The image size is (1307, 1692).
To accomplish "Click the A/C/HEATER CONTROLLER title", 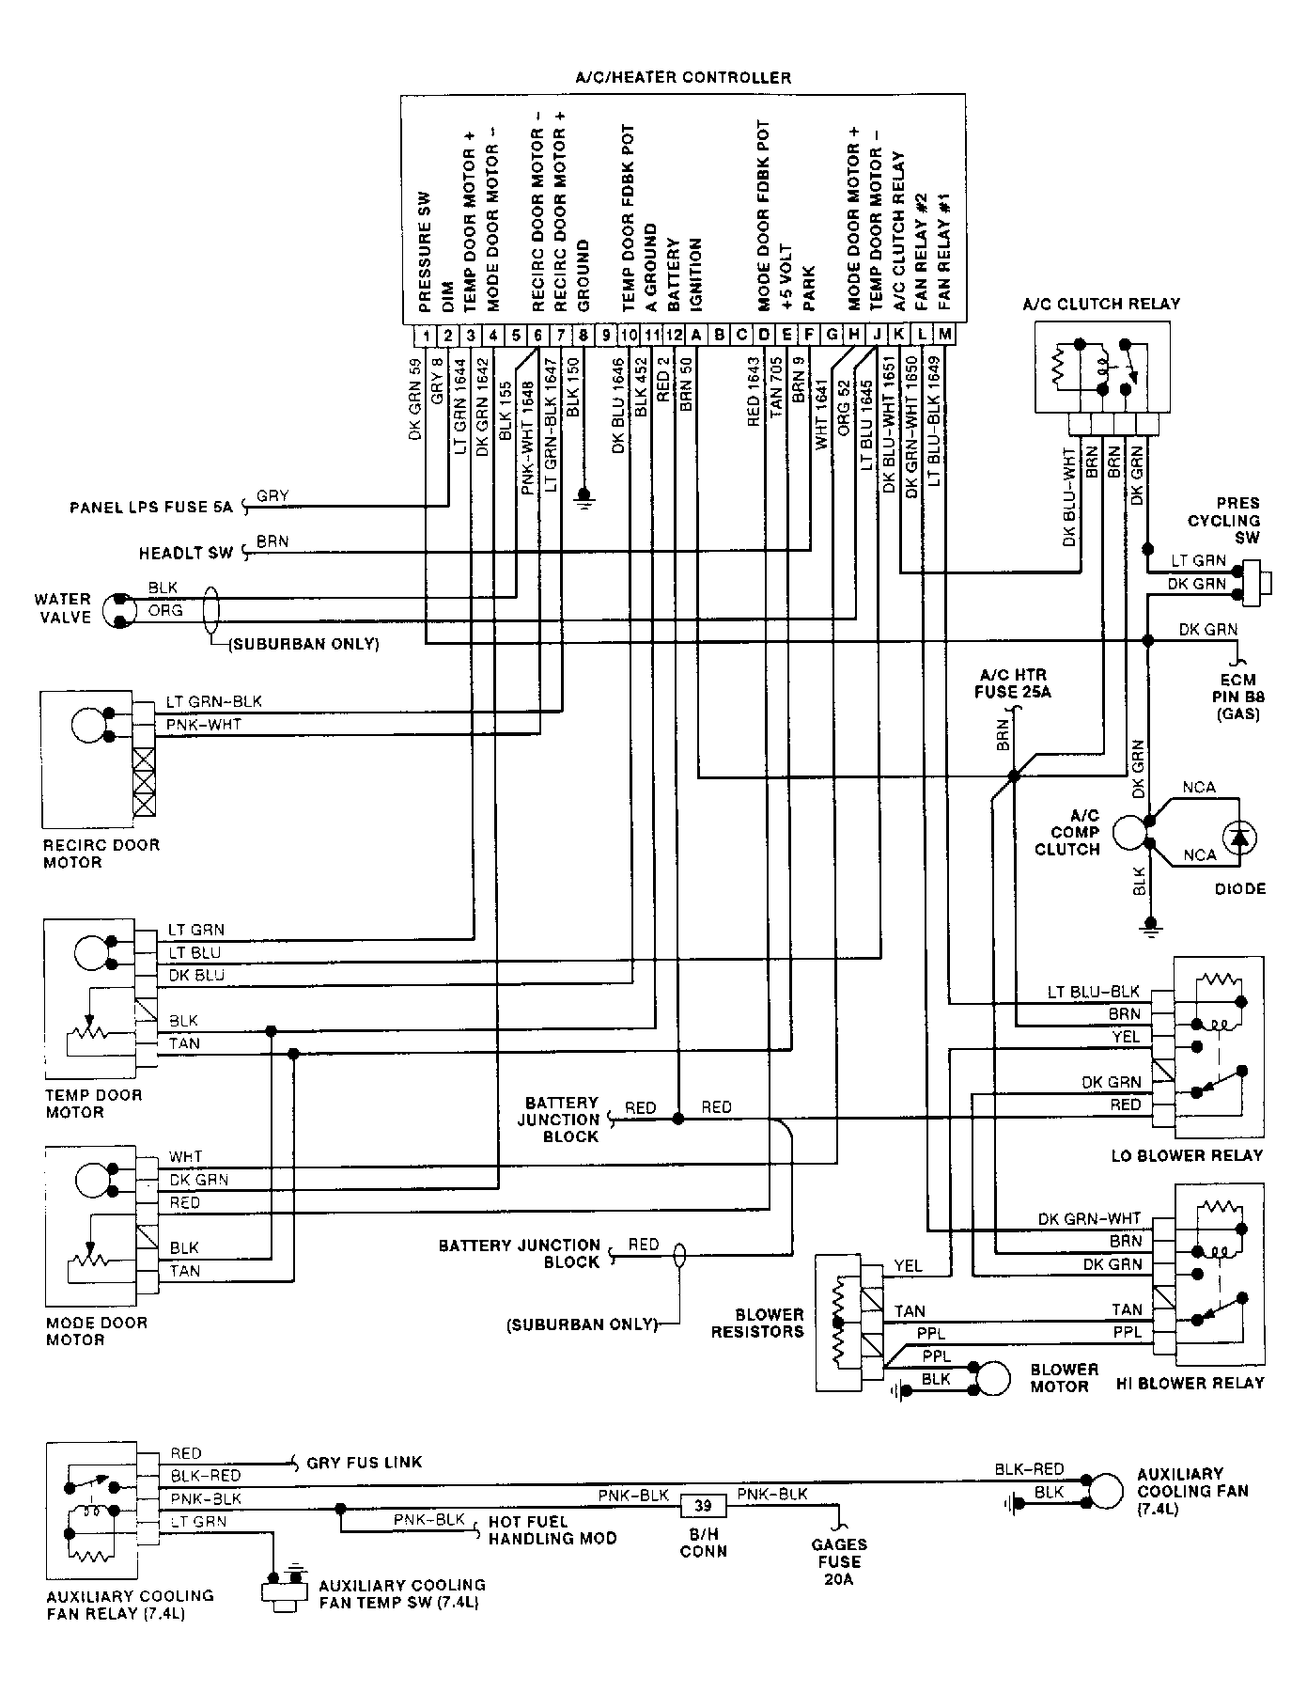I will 683,77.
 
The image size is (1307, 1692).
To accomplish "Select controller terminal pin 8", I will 583,335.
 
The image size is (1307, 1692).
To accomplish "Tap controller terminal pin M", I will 944,335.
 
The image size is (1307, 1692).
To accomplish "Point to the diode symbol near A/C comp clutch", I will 1241,836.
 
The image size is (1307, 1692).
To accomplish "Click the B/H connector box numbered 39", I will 703,1506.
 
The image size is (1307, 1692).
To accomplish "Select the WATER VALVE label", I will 63,608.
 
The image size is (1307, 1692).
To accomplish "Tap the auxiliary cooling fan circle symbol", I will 1107,1492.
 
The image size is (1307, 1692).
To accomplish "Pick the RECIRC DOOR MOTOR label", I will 101,854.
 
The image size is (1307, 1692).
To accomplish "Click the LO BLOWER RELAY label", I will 1188,1155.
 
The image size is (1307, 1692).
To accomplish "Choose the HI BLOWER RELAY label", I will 1190,1383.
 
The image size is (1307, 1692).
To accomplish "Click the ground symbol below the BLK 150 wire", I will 583,495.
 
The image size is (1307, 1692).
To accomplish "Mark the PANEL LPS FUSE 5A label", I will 150,508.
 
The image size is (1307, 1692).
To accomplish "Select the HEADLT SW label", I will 185,554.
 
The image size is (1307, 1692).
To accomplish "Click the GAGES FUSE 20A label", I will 840,1561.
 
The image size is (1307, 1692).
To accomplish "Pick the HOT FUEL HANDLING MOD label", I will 552,1530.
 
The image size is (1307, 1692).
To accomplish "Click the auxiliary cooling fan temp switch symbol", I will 286,1590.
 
